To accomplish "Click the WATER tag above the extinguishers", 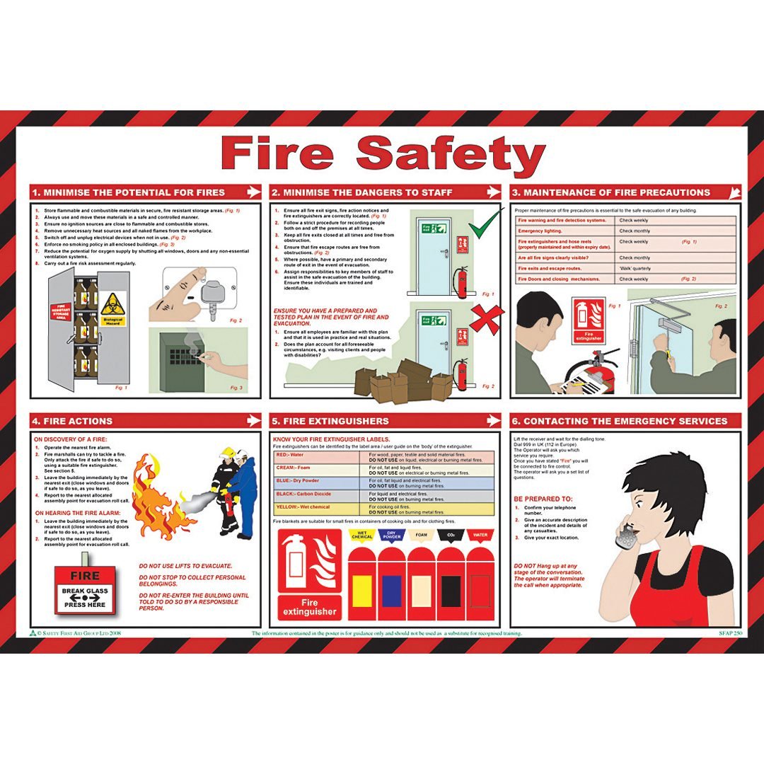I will point(480,535).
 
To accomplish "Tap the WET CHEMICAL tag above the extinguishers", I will point(361,536).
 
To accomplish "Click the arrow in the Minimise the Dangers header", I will point(492,192).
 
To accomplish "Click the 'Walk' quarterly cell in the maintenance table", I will point(636,268).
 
